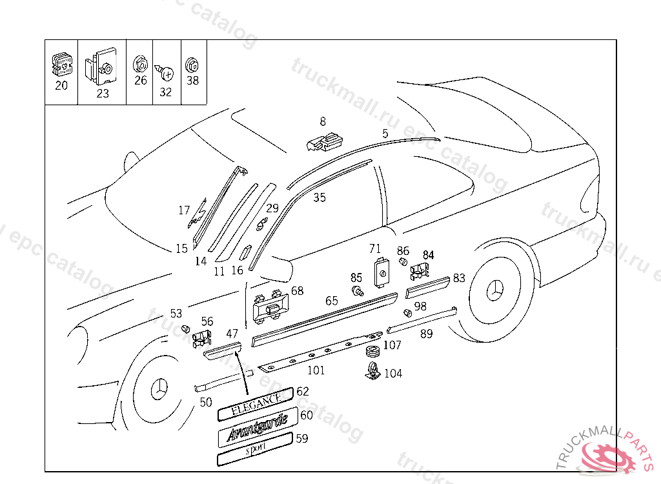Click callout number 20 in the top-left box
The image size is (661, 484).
(61, 85)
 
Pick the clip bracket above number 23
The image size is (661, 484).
(103, 66)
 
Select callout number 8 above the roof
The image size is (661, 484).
(323, 121)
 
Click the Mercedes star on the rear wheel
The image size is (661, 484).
(496, 292)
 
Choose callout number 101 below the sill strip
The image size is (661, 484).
(316, 370)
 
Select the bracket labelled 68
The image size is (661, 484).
(270, 305)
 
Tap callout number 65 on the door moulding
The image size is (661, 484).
(331, 301)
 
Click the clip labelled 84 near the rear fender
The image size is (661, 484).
(419, 271)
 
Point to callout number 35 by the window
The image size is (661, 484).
(320, 197)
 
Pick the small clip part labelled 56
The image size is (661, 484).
(203, 337)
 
